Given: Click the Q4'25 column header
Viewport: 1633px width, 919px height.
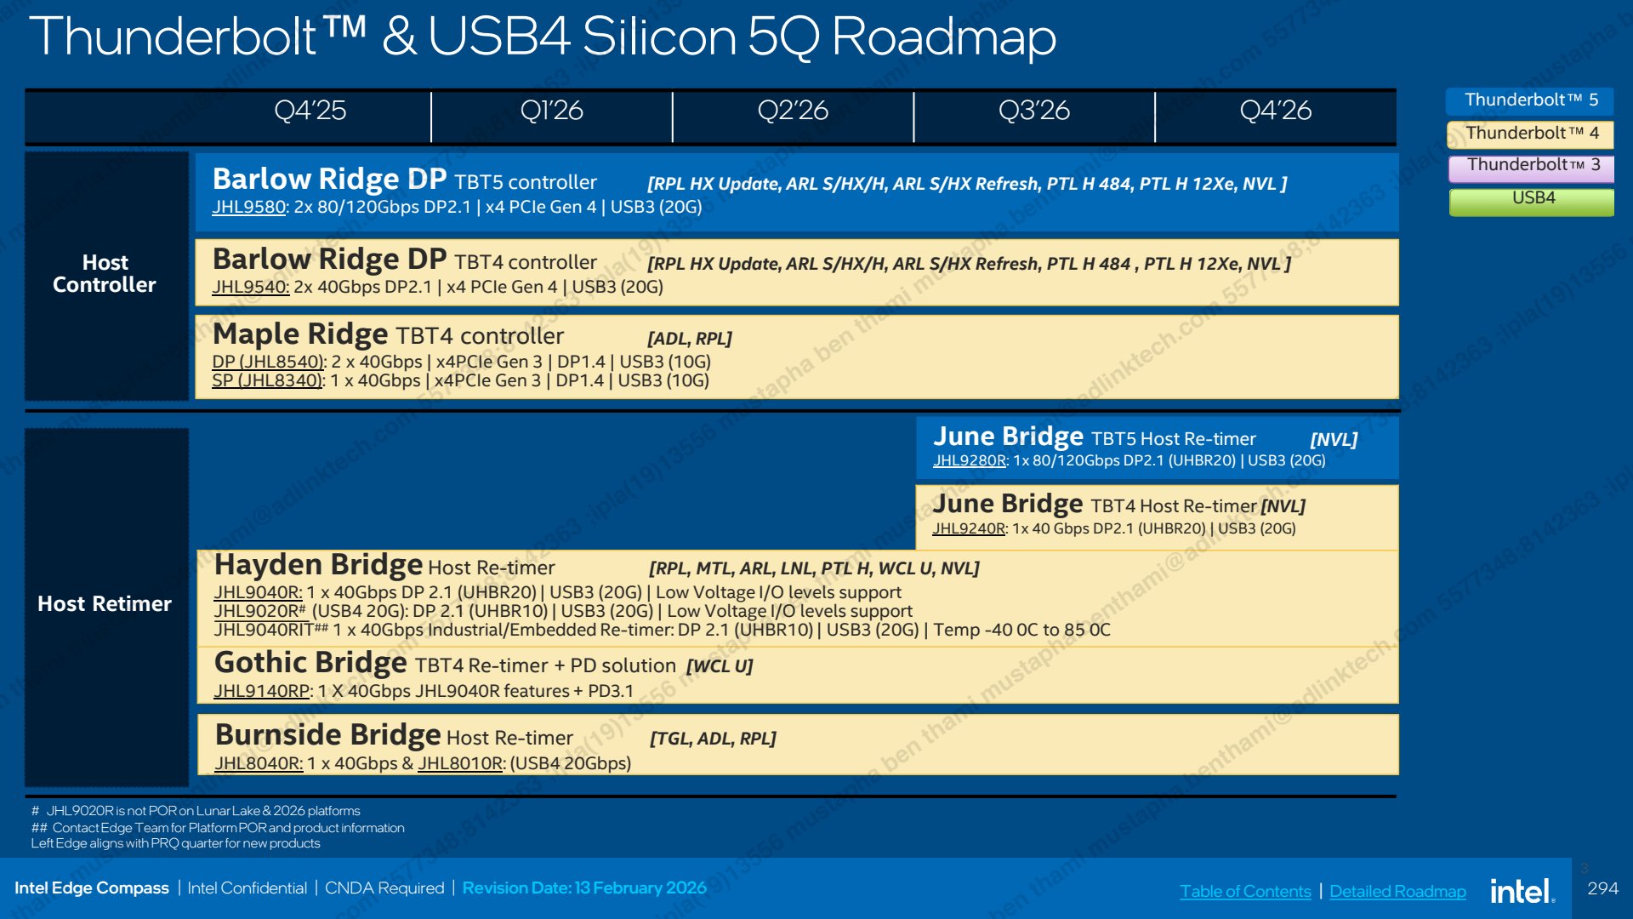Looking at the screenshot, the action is coord(310,111).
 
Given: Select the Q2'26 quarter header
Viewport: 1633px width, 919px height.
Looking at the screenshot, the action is coord(793,111).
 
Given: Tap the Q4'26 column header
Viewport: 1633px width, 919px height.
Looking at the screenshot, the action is coord(1275,111).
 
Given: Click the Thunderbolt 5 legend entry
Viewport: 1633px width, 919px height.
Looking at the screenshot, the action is coord(1530,100).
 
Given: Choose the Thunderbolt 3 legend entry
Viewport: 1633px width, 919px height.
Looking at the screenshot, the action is coord(1532,166).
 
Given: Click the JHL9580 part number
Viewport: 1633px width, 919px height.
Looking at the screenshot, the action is coord(248,207).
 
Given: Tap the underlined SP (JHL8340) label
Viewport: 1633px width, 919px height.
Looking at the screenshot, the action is coord(267,380).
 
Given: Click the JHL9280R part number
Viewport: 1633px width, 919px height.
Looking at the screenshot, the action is coord(969,460).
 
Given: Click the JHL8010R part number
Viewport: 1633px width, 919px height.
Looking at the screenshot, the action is coord(460,763).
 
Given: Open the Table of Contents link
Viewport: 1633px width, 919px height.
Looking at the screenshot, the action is coord(1245,891).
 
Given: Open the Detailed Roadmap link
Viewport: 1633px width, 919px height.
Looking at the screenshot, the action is coord(1397,891).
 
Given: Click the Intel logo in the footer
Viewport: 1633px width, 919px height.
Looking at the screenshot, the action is coord(1522,891).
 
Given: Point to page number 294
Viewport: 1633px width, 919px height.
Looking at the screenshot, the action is coord(1602,888).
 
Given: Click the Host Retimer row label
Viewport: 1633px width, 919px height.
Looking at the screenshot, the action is coord(105,604).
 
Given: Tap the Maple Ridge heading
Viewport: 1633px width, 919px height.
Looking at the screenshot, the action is coord(299,334).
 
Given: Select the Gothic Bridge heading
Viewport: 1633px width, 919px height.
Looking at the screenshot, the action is coord(310,663).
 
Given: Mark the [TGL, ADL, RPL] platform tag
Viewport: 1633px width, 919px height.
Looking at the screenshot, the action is coord(713,739).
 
